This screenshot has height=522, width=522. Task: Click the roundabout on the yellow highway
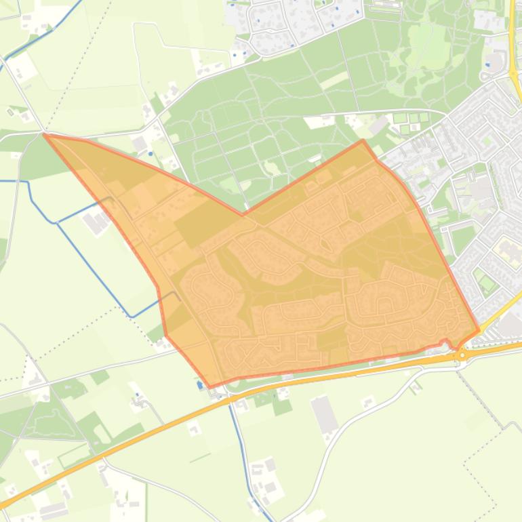click(462, 355)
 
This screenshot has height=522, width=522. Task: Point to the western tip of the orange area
click(44, 134)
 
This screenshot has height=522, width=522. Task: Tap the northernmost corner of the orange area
click(363, 140)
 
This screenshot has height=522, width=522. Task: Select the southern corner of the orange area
click(210, 387)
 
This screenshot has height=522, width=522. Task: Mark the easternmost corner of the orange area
click(479, 331)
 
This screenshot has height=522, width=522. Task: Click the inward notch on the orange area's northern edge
click(243, 215)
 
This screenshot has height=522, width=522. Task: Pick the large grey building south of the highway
click(325, 414)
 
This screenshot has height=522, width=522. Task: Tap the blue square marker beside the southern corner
click(199, 384)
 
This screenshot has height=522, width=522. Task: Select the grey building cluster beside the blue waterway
click(96, 222)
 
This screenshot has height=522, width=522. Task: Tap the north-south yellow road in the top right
click(512, 34)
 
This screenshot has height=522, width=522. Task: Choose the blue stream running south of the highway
click(239, 441)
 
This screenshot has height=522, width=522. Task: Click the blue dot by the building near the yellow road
click(488, 65)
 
